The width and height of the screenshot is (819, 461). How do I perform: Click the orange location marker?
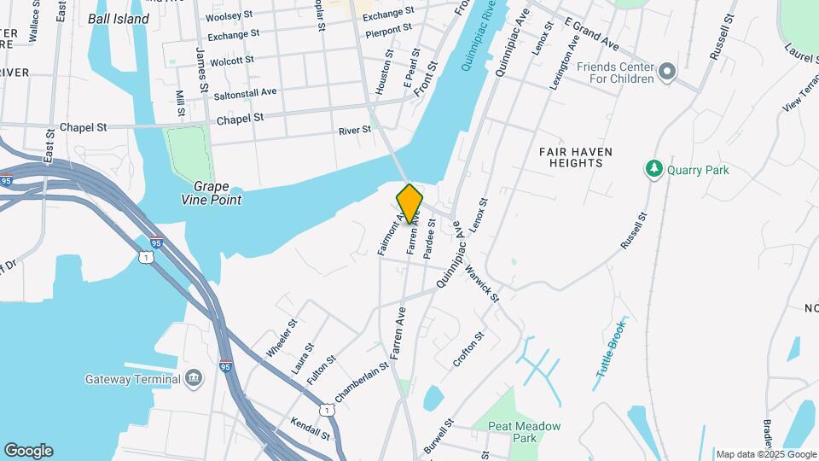409,203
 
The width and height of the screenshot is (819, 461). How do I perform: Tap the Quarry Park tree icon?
654,169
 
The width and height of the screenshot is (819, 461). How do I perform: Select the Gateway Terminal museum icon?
194,378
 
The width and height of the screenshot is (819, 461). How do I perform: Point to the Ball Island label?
119,19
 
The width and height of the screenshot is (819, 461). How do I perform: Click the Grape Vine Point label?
217,193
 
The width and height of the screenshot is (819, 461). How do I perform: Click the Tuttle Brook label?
611,349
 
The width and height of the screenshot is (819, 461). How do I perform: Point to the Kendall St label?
310,429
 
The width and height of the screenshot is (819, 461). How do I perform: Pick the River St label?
355,130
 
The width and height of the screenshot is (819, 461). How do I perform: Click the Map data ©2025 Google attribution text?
764,454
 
